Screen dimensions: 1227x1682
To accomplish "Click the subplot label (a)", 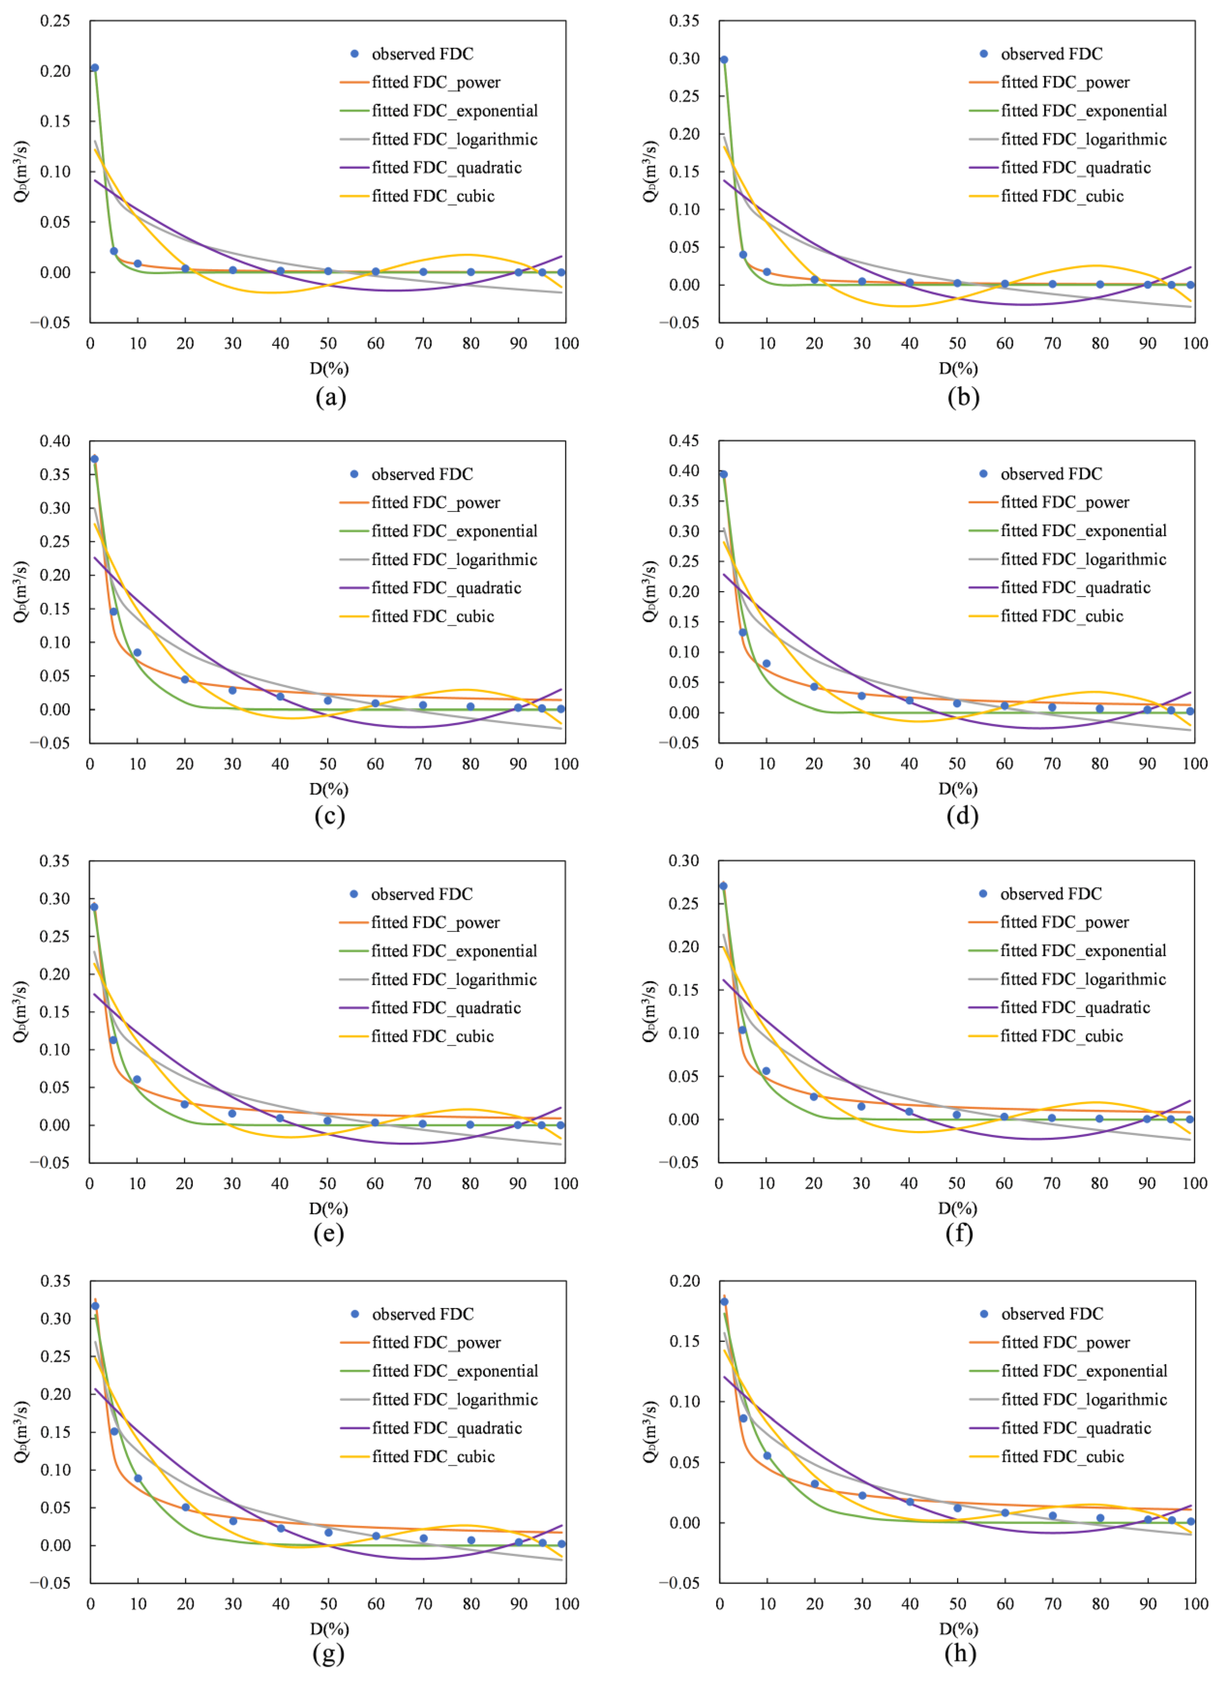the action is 331,397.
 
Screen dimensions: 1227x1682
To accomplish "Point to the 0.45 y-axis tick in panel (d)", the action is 684,440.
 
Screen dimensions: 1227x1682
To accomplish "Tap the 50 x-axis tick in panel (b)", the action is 957,343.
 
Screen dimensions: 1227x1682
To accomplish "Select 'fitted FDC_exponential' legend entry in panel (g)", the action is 439,1371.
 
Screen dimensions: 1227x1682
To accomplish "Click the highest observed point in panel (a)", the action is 94,68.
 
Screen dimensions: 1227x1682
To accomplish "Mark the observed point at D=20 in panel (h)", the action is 815,1484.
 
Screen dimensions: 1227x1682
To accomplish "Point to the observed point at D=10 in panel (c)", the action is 137,653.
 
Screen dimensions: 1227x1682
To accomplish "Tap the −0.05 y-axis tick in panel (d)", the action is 679,743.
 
